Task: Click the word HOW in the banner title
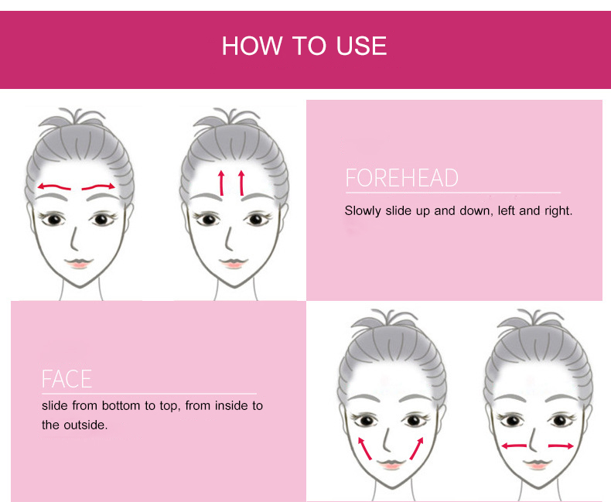click(x=251, y=46)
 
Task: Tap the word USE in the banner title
click(x=361, y=46)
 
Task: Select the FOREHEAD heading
click(x=401, y=178)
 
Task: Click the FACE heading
click(x=67, y=379)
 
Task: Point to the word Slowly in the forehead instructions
click(x=363, y=211)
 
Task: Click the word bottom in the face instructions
click(x=121, y=406)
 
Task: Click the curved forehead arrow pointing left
click(x=54, y=186)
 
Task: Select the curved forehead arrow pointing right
click(x=98, y=186)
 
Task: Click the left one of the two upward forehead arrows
click(x=221, y=183)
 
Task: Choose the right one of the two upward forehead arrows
click(x=241, y=183)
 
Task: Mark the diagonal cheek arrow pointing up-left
click(x=365, y=449)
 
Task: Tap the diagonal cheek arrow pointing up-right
click(x=417, y=449)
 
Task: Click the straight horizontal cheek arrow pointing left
click(x=514, y=446)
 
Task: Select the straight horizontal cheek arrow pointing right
click(x=561, y=446)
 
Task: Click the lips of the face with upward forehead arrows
click(x=233, y=263)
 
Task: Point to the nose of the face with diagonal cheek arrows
click(x=387, y=439)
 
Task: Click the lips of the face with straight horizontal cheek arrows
click(x=538, y=464)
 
